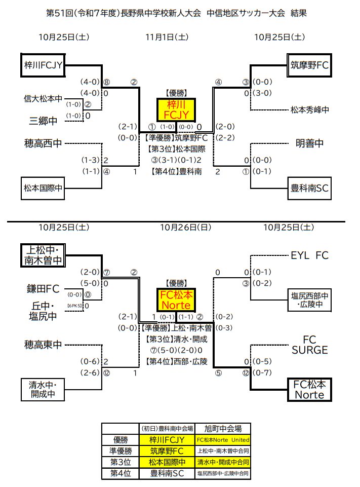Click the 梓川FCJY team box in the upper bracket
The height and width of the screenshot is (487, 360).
[x=43, y=65]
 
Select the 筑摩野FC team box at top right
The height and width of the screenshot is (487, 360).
[x=309, y=65]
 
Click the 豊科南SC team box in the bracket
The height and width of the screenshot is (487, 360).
[x=309, y=188]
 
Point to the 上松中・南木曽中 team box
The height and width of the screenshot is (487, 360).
[x=43, y=255]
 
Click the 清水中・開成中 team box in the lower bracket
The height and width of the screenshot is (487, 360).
[x=43, y=389]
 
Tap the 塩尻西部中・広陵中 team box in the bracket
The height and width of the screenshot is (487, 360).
[x=309, y=299]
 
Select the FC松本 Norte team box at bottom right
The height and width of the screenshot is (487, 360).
[x=309, y=389]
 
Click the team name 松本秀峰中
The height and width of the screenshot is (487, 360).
[x=310, y=109]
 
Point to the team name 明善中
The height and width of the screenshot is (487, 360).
[x=309, y=144]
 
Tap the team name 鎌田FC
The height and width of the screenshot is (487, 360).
[x=43, y=289]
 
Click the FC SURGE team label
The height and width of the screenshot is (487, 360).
[x=309, y=345]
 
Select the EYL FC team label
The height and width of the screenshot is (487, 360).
[x=309, y=255]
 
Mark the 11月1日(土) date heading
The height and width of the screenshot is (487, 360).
[x=167, y=37]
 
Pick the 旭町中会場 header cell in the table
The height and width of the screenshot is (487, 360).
[x=223, y=428]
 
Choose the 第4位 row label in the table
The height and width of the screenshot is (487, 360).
[x=121, y=474]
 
